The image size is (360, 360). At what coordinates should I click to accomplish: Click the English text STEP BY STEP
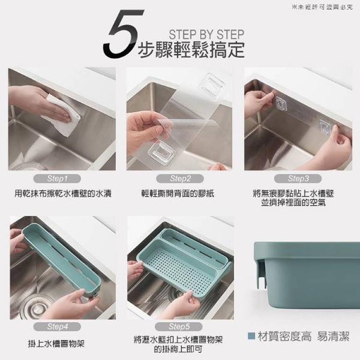coord(206,35)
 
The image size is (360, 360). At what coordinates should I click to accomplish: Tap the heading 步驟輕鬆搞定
coord(191,49)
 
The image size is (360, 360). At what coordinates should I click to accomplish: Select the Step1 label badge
coord(58,179)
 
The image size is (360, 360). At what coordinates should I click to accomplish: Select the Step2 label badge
coord(180,179)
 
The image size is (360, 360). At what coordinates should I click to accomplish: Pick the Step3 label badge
coord(298,179)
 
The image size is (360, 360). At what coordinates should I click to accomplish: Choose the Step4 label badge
coord(58,326)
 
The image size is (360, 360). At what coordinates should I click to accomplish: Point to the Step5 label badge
coord(180,326)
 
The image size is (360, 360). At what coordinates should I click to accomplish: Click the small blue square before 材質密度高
coord(251,336)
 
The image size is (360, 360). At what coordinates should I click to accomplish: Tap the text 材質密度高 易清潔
coord(303,336)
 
